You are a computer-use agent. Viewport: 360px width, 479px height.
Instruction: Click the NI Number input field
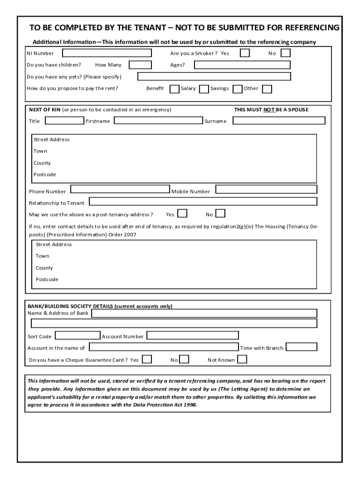[107, 53]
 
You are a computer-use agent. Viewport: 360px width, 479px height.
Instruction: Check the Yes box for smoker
[245, 53]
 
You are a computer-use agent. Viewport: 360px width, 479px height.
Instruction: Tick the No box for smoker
[285, 53]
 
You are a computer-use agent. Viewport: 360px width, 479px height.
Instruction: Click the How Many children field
[140, 65]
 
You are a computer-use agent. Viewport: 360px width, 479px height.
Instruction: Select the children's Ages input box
[242, 65]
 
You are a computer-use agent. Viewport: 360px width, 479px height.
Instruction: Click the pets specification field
[214, 76]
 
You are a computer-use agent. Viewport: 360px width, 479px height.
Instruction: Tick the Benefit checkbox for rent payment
[174, 89]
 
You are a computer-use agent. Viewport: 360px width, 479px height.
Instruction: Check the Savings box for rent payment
[237, 89]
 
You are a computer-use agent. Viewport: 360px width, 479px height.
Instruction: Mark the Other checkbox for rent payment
[267, 89]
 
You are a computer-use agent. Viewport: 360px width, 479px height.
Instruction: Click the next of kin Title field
[65, 121]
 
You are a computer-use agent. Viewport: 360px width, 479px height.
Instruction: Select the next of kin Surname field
[279, 121]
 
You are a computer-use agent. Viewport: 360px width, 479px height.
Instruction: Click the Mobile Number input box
[266, 189]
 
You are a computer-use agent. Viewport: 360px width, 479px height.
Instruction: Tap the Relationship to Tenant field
[203, 202]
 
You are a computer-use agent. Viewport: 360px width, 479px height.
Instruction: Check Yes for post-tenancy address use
[182, 214]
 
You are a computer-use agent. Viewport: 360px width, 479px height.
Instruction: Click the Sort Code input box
[77, 335]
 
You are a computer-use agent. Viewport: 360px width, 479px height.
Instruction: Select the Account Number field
[193, 335]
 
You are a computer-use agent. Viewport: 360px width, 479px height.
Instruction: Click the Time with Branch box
[301, 347]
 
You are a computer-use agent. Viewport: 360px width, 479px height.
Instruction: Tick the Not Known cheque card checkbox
[242, 359]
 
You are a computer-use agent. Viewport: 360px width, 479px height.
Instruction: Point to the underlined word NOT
[268, 110]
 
